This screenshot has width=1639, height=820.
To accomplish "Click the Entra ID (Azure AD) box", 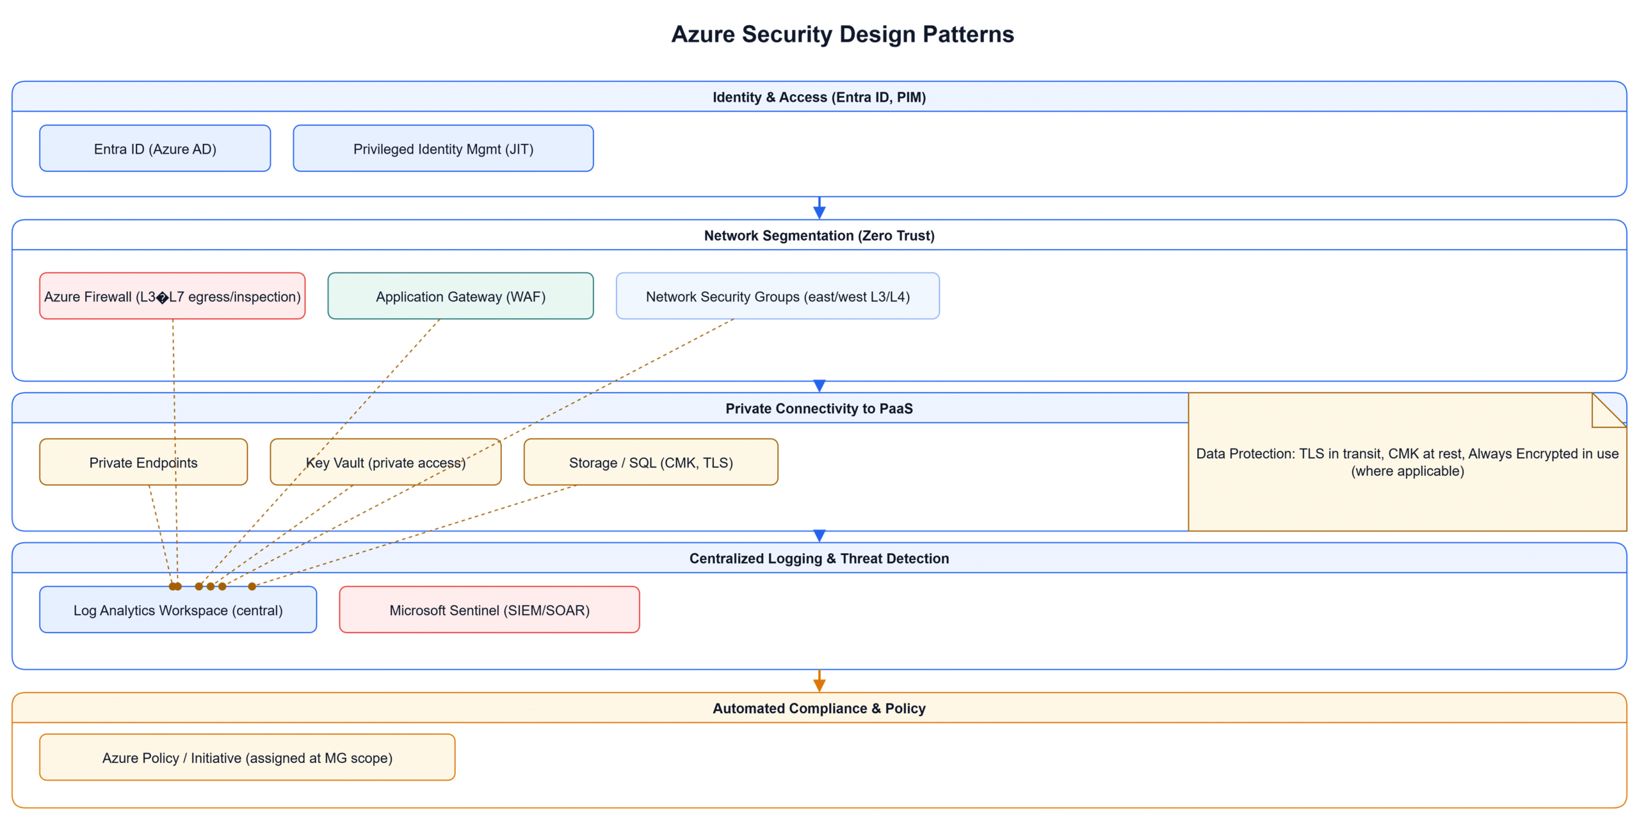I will [x=155, y=149].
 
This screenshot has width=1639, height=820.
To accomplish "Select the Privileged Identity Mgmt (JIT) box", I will [x=443, y=149].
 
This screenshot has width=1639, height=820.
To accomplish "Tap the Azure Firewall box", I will [x=172, y=296].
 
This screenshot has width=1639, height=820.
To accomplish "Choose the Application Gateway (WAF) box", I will [x=460, y=296].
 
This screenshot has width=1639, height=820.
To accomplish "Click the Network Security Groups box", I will [x=777, y=296].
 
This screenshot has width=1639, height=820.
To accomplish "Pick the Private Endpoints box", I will [x=143, y=462].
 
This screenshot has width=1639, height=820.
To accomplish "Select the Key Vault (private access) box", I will [x=385, y=462].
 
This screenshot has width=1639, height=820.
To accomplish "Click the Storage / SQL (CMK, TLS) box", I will [x=650, y=462].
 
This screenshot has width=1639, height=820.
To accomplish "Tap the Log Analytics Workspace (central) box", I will [x=178, y=609].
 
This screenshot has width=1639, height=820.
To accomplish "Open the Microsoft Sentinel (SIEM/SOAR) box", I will [x=489, y=609].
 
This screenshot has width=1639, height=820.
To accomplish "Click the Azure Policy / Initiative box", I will [x=247, y=757].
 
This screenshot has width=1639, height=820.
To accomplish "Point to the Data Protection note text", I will [x=1407, y=462].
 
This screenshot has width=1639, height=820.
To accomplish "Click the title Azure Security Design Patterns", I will [x=842, y=35].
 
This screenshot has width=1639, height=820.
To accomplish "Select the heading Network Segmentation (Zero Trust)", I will [x=819, y=236].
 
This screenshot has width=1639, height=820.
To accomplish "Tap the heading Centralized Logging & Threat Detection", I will [x=819, y=558].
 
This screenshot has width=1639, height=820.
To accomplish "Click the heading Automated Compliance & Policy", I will [x=819, y=708].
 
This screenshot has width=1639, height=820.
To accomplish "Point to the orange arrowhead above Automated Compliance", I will [x=819, y=685].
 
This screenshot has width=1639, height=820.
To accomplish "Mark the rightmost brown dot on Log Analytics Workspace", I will [x=252, y=586].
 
